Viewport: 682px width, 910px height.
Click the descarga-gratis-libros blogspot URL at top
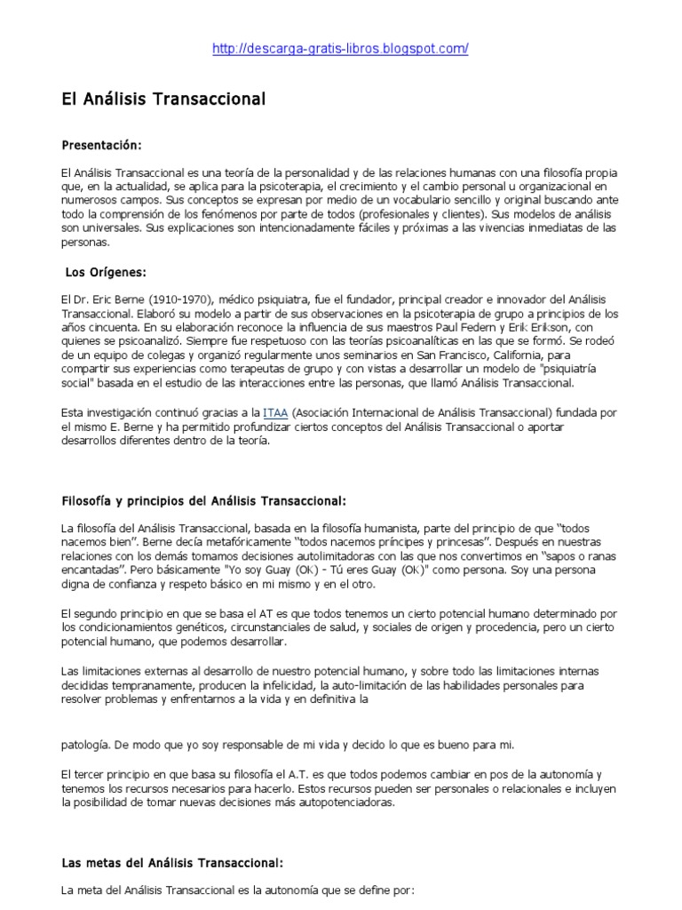[x=340, y=49]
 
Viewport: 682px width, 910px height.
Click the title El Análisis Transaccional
[x=163, y=99]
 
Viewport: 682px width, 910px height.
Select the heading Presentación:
[x=101, y=144]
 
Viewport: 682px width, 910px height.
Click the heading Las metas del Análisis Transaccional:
[x=172, y=862]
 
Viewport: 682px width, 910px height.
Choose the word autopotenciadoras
[x=343, y=802]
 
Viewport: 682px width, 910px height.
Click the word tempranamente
[x=147, y=685]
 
